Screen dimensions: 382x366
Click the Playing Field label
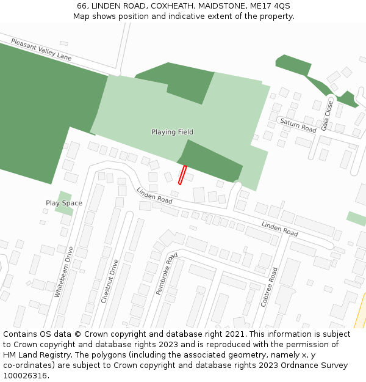[172, 132]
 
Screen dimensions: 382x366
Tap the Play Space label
[63, 203]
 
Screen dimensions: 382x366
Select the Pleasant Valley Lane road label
[41, 49]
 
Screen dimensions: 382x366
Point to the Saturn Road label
[298, 125]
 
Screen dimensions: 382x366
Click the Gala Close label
[328, 116]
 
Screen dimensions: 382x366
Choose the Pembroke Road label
[167, 273]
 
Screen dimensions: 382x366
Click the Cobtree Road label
[269, 287]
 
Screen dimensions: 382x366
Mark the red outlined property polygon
[182, 174]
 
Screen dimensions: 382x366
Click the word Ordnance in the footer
[298, 365]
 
